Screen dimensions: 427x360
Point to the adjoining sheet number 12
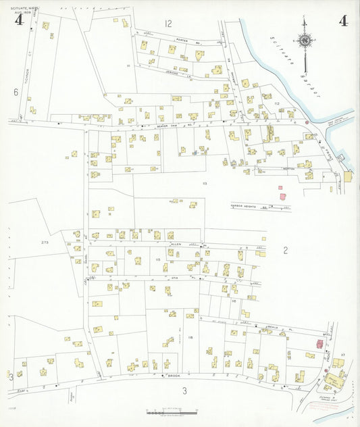coord(168,24)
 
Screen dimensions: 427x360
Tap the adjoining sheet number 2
coord(286,251)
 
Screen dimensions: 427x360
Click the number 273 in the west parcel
coord(45,242)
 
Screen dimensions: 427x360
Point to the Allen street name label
coord(177,243)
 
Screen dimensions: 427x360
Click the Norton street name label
coord(289,168)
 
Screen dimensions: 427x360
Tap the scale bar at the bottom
coord(172,411)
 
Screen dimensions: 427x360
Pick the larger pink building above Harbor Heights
coord(283,197)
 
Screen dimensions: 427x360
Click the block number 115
coord(157,259)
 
